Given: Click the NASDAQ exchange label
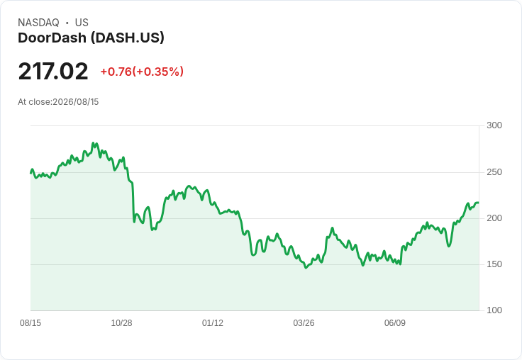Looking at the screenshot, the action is [38, 23].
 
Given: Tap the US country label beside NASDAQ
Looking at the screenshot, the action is [82, 23].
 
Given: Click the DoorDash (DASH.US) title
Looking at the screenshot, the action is [91, 38].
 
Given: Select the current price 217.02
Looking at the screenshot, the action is [53, 71].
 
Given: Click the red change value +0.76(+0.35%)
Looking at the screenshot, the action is [142, 72].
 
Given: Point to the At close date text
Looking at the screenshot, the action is [58, 102].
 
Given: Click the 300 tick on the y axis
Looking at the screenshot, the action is [494, 125].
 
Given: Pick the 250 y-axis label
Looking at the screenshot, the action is [494, 172].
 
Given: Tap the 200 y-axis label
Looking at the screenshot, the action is [494, 218].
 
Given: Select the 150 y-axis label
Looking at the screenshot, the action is [494, 264].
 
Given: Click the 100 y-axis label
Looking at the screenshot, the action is [494, 310].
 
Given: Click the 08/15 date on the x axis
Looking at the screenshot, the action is [30, 322].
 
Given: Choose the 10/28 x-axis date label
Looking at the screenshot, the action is [121, 322].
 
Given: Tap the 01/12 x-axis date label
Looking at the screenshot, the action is [213, 322].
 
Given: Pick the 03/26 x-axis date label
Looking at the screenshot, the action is [304, 322].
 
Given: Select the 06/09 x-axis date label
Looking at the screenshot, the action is [395, 322].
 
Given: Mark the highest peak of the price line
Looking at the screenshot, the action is [93, 143].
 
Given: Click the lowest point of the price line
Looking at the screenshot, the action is [306, 267].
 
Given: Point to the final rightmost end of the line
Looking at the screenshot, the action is [479, 203].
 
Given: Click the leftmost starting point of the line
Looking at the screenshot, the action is [30, 173].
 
